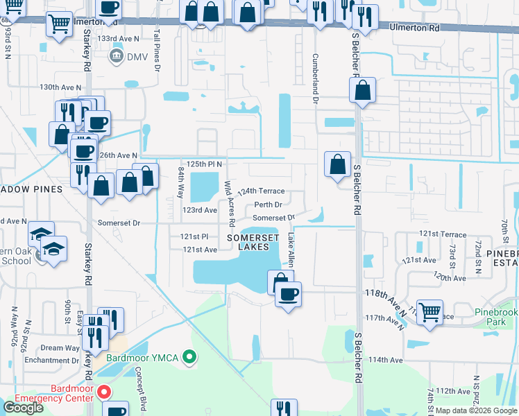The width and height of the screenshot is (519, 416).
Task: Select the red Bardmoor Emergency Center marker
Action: (104, 392)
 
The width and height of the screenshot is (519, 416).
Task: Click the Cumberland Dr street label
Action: (315, 79)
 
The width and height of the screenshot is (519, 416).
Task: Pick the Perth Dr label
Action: (268, 205)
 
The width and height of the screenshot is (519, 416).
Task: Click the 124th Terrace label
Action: (261, 191)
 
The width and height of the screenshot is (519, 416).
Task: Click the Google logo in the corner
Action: (23, 408)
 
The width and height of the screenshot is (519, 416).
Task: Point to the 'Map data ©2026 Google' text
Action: (476, 410)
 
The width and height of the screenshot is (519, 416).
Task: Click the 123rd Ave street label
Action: (200, 209)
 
